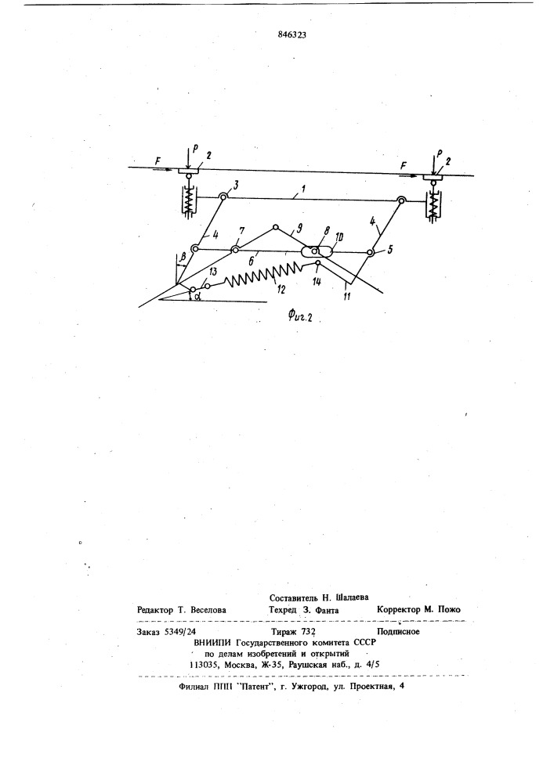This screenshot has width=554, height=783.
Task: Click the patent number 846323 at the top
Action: pos(291,35)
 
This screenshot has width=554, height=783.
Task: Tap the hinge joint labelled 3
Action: pos(223,197)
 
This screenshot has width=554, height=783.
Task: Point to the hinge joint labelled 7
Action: pos(235,249)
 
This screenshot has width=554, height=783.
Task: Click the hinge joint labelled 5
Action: pos(371,253)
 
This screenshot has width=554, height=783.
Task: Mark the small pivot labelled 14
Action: pos(317,262)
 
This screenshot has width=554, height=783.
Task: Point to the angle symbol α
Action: pos(197,298)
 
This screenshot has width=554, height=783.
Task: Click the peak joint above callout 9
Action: pos(275,227)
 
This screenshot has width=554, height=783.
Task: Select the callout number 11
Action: pos(346,296)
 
